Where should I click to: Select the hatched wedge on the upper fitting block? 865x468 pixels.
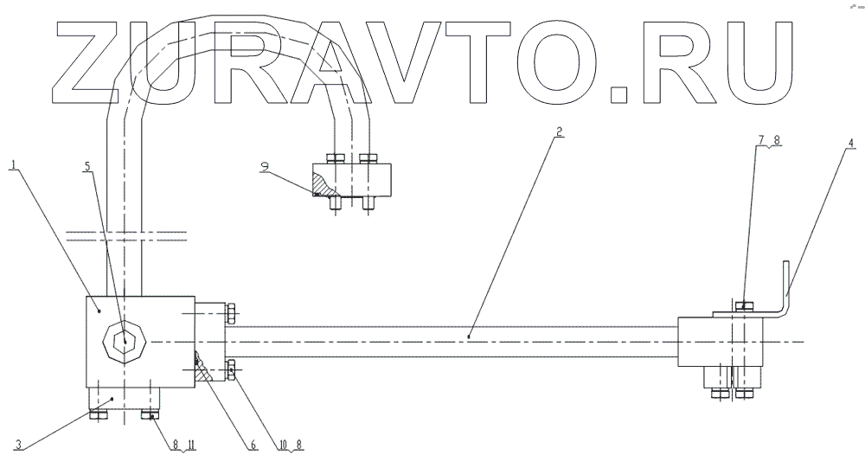[322, 184]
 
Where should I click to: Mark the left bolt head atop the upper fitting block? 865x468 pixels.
[335, 158]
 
